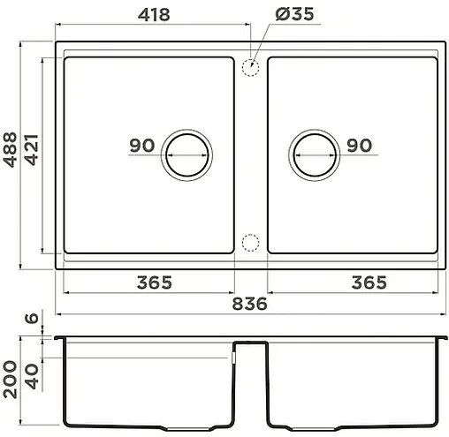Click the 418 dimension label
148,15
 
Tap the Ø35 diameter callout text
293,15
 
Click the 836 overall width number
250,303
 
